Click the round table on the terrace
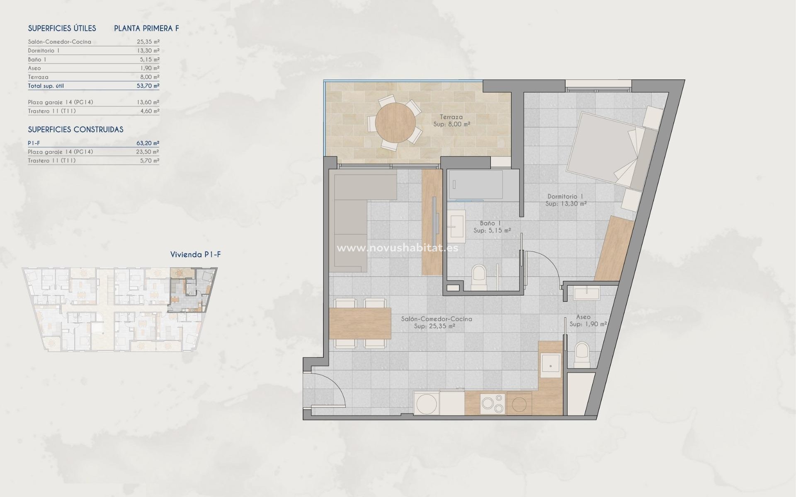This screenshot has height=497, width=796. tap(395, 123)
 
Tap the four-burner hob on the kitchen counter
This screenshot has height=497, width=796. tap(493, 403)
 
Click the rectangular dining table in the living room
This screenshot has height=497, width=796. tap(361, 323)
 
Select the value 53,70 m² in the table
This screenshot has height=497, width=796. tap(148, 86)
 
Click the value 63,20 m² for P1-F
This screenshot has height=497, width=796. tap(148, 143)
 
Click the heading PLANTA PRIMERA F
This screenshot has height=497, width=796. tap(146, 29)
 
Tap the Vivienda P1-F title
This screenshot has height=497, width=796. tap(195, 255)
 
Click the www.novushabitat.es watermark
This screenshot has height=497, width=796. tap(397, 248)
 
